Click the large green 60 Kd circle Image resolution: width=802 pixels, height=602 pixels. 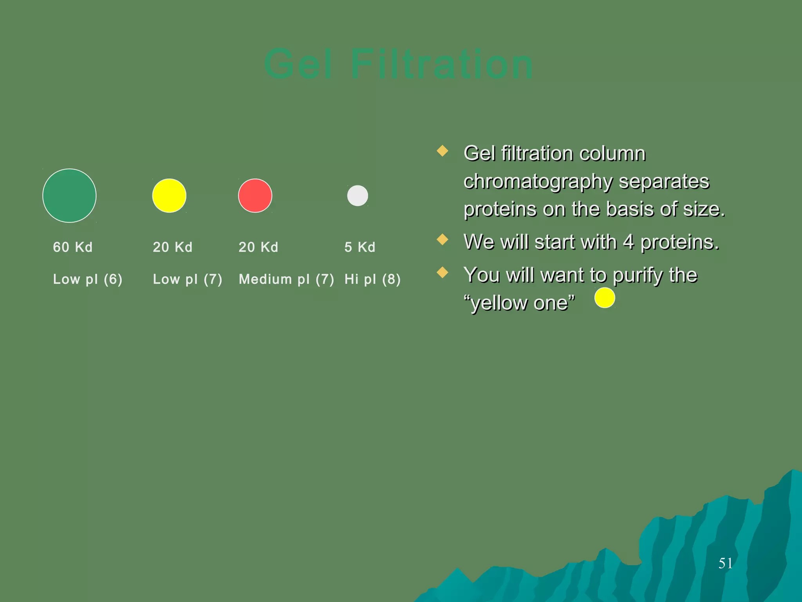click(x=69, y=196)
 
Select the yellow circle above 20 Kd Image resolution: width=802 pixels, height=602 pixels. click(x=169, y=196)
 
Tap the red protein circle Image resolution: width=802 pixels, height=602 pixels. click(x=255, y=196)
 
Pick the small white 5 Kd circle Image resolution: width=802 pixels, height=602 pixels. click(x=358, y=196)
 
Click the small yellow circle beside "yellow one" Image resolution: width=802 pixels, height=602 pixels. click(x=605, y=297)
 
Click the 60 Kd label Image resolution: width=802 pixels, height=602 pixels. click(x=73, y=247)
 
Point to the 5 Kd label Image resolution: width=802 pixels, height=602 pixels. click(x=360, y=247)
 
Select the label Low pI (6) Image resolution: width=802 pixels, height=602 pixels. click(x=88, y=279)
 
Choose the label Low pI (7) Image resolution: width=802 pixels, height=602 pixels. click(x=188, y=279)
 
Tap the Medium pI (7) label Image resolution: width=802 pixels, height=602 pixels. click(x=286, y=279)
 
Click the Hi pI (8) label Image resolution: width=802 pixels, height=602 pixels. click(x=372, y=279)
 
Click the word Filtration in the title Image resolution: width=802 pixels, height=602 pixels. click(x=441, y=64)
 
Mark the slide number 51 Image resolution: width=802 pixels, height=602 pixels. click(x=725, y=563)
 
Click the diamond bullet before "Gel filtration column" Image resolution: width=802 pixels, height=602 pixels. click(x=443, y=151)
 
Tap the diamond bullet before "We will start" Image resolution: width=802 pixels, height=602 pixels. click(x=443, y=239)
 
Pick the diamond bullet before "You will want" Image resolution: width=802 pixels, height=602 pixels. click(x=443, y=272)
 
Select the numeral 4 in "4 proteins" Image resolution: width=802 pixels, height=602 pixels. click(x=628, y=242)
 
